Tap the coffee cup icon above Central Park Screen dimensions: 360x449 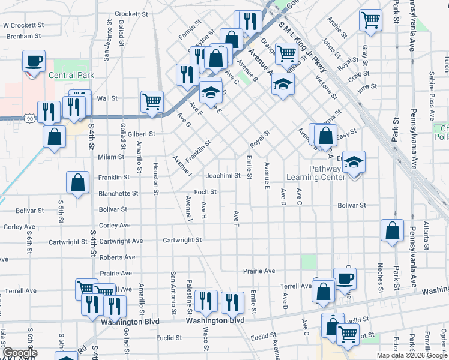(34, 61)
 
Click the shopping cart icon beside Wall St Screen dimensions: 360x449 (152, 101)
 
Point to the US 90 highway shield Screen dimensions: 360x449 (29, 119)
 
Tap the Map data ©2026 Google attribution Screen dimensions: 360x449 (411, 355)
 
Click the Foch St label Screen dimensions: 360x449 (205, 192)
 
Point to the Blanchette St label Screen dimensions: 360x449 (118, 193)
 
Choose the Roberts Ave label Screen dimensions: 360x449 (117, 257)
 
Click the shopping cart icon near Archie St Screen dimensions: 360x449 (370, 20)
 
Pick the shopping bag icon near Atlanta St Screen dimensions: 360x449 (392, 231)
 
